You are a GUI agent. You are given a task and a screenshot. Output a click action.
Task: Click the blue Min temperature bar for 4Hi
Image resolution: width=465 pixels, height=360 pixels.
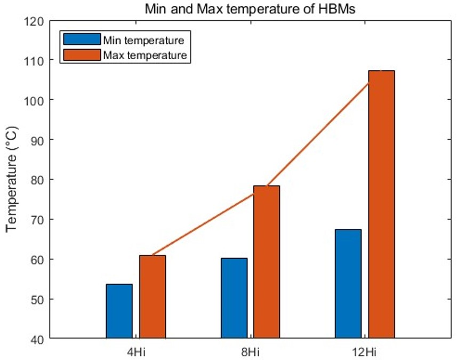click(x=119, y=311)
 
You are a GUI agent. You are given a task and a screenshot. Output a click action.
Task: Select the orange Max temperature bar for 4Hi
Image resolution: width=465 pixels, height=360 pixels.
click(x=153, y=297)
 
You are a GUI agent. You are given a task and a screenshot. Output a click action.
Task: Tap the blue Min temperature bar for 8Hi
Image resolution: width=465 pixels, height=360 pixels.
click(x=234, y=298)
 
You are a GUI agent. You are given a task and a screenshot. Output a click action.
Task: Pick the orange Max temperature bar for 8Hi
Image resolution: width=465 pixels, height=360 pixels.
click(x=267, y=262)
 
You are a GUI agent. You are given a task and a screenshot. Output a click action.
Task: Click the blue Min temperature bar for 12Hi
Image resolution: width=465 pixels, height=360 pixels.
click(x=348, y=284)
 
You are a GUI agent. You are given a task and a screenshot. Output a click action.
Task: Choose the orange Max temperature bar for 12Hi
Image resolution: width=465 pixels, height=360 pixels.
click(x=381, y=204)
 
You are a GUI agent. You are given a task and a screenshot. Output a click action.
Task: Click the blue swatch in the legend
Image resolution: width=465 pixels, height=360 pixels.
click(x=82, y=40)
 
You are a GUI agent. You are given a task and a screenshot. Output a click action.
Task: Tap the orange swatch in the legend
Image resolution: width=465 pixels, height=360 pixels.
click(x=82, y=54)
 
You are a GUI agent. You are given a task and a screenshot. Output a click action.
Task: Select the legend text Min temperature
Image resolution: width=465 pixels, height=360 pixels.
click(x=144, y=40)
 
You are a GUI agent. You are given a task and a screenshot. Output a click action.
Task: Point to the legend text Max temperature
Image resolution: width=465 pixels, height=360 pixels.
click(x=145, y=54)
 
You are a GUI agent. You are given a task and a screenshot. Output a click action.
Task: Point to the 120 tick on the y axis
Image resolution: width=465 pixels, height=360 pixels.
click(x=35, y=21)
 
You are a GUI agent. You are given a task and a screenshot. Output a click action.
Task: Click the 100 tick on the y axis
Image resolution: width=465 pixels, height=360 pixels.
click(x=35, y=100)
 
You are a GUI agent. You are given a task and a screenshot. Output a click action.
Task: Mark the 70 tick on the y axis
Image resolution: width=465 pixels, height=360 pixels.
click(x=37, y=219)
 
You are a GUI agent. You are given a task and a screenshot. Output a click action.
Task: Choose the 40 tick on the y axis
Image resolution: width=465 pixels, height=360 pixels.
click(x=37, y=339)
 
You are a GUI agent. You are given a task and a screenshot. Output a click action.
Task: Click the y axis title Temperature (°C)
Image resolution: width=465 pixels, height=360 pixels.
click(x=12, y=179)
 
